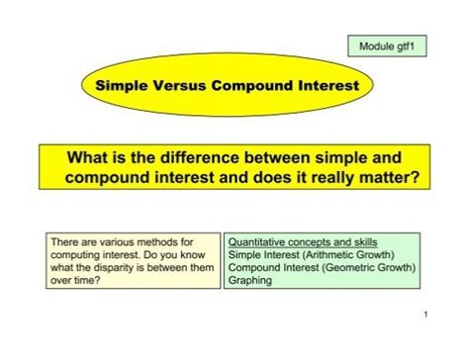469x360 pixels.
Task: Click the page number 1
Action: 422,341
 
